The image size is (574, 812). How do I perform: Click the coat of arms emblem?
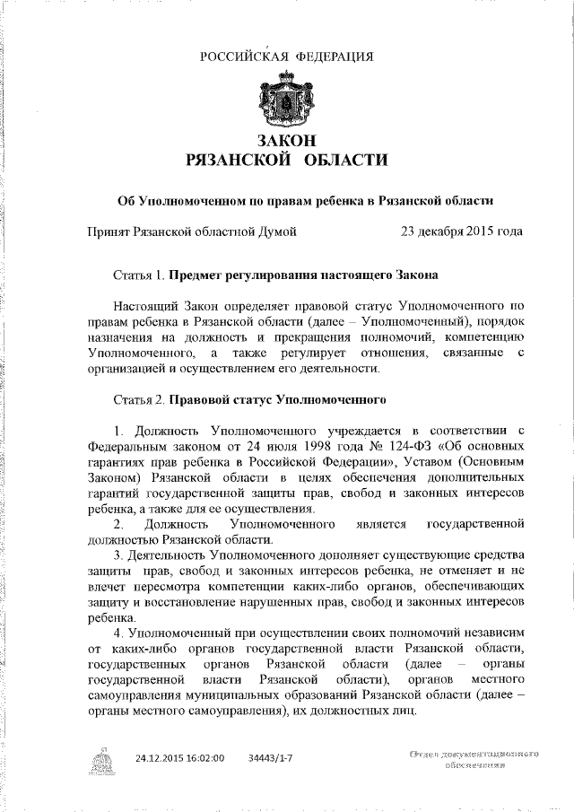point(287,104)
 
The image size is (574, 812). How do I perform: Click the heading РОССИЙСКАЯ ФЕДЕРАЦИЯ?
point(287,57)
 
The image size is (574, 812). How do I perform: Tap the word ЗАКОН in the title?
point(287,141)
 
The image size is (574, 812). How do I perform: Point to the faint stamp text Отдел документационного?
point(473,755)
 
